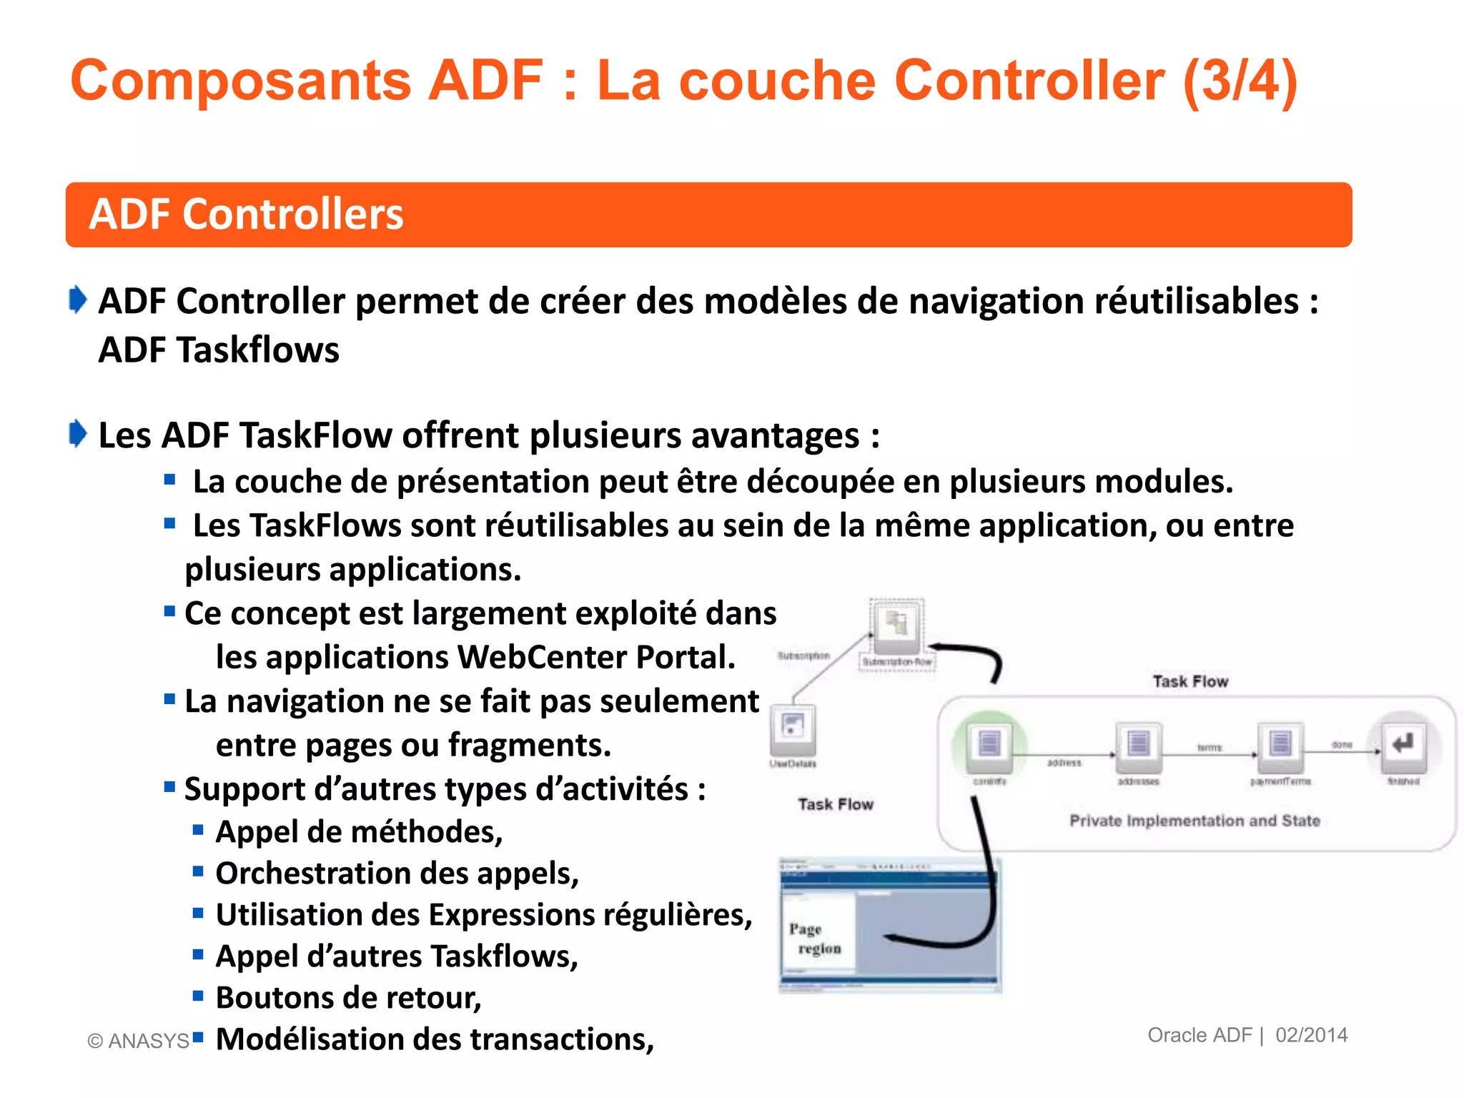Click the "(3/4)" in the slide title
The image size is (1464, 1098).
pyautogui.click(x=1240, y=81)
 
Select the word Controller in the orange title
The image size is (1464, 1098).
pyautogui.click(x=1029, y=81)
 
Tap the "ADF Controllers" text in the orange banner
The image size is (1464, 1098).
pyautogui.click(x=246, y=214)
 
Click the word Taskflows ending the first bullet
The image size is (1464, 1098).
pyautogui.click(x=258, y=350)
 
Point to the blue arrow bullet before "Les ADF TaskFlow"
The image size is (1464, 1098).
pyautogui.click(x=78, y=434)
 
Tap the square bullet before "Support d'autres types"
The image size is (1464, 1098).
pyautogui.click(x=169, y=788)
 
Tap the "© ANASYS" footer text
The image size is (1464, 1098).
pyautogui.click(x=138, y=1041)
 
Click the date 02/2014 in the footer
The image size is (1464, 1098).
pyautogui.click(x=1311, y=1035)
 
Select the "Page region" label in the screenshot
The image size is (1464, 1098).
pyautogui.click(x=816, y=939)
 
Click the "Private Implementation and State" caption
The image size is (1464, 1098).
pyautogui.click(x=1195, y=821)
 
